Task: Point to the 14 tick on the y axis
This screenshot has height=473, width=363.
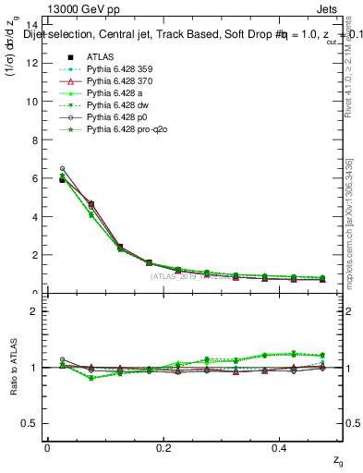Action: click(34, 25)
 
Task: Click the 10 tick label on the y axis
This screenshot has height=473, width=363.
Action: click(34, 102)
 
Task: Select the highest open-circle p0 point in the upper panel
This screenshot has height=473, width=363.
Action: click(62, 168)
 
